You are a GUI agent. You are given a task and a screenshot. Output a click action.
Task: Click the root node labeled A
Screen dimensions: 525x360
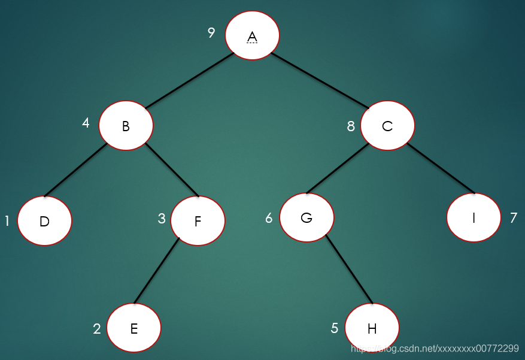coord(252,35)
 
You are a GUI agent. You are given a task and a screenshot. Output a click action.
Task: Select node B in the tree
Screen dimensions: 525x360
coord(126,125)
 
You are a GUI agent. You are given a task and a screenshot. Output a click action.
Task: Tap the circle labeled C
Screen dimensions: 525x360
coord(387,125)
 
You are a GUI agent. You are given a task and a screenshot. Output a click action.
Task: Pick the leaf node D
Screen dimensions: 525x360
coord(44,220)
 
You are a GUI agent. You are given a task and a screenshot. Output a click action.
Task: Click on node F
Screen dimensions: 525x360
coord(198,220)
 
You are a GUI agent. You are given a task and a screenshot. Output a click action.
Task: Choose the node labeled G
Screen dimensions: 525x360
coord(306,217)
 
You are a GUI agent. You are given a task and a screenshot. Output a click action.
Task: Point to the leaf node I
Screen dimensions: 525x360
coord(474,217)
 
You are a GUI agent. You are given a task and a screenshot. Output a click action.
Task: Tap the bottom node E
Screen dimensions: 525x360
coord(133,328)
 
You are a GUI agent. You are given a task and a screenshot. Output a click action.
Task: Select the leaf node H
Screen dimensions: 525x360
coord(372,328)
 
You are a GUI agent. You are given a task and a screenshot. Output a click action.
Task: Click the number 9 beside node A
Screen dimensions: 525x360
coord(211,32)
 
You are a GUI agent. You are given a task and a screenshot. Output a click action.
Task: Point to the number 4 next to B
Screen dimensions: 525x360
coord(86,123)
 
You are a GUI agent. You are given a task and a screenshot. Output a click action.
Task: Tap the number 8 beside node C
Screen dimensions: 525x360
coord(351,126)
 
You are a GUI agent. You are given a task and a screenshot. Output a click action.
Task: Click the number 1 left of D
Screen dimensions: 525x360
coord(7,221)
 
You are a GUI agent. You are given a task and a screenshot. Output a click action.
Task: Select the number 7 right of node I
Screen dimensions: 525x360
coord(513,218)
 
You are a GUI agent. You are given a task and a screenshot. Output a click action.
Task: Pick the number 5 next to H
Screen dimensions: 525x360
coord(335,328)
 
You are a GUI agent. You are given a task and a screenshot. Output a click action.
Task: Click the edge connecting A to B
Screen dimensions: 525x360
coord(189,81)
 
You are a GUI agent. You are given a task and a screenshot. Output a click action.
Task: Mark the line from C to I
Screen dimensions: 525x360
coord(441,168)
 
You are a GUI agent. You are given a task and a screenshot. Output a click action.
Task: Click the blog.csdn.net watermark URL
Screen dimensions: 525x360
coord(435,348)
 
